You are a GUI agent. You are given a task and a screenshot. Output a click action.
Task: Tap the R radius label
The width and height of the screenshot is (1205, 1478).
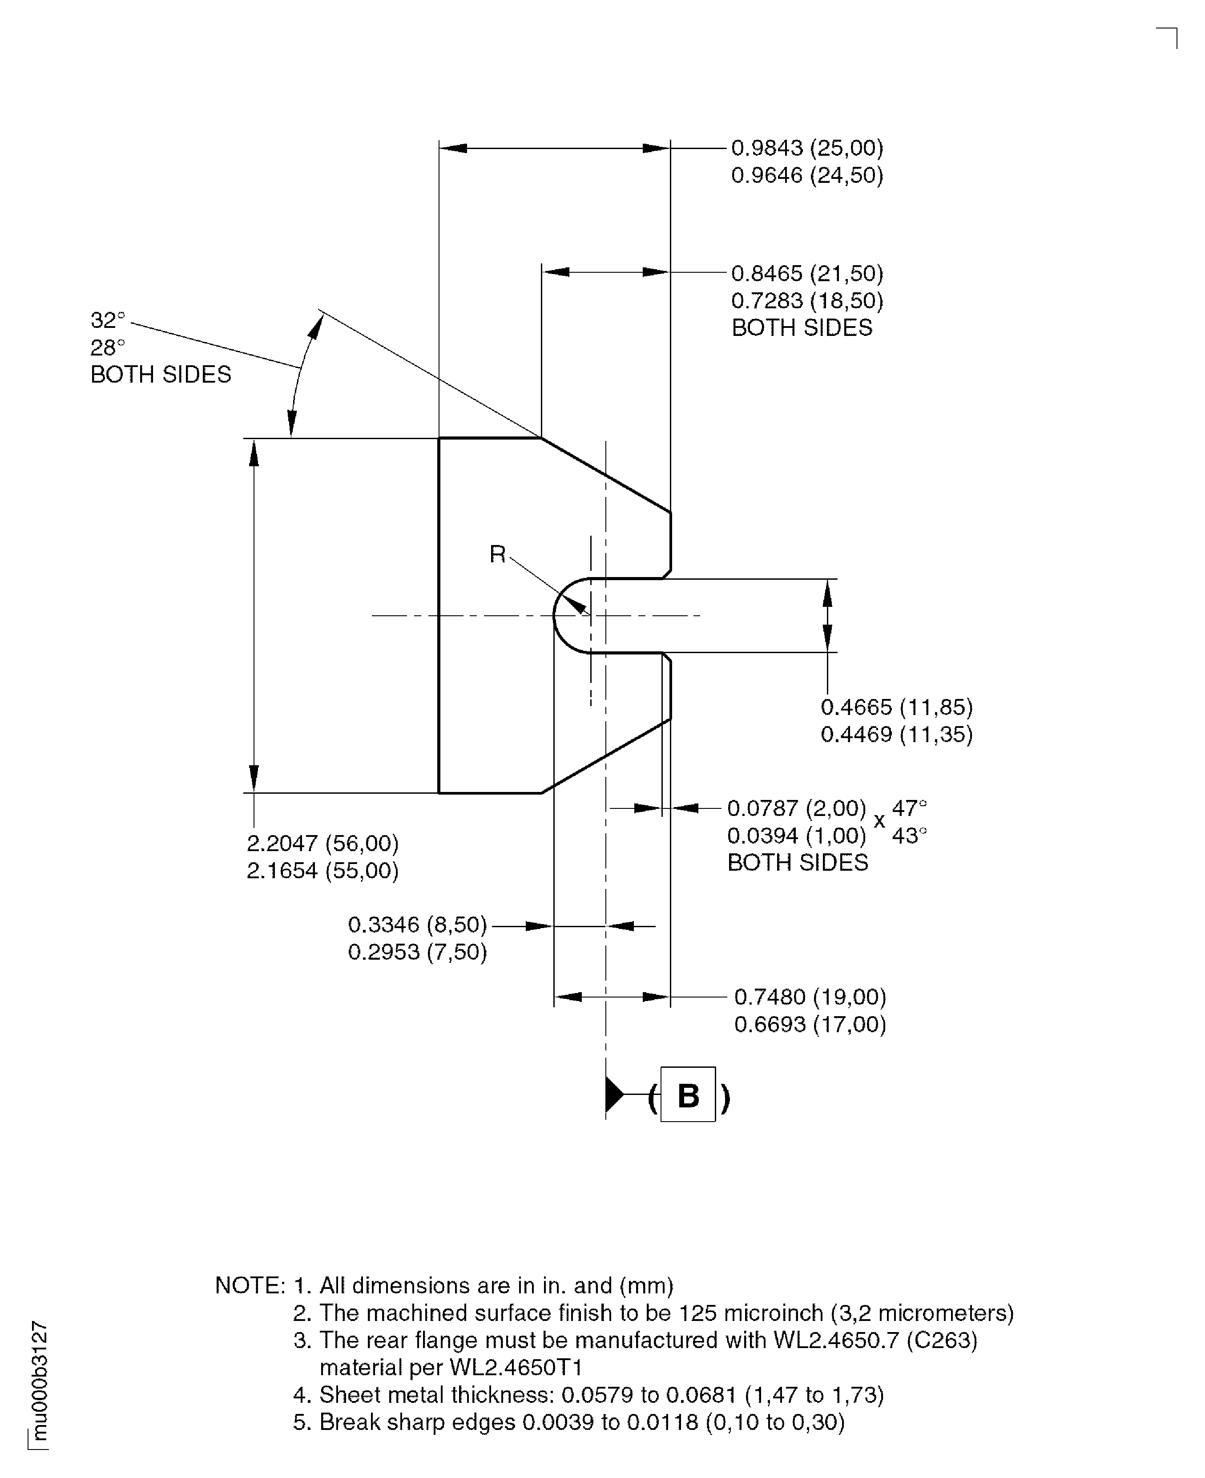[x=497, y=554]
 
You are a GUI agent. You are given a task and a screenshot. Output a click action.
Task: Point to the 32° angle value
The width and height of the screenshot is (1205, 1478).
[x=108, y=320]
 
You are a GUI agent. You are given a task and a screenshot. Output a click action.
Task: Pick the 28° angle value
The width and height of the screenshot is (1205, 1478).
[x=108, y=347]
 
